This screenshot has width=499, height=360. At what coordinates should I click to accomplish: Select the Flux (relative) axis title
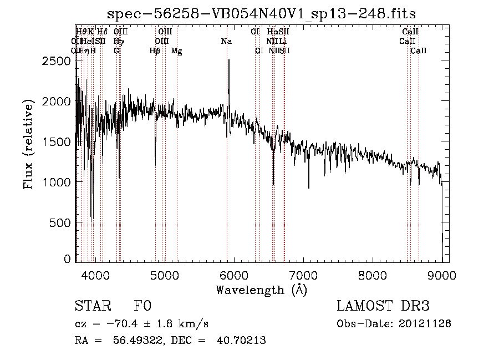[x=28, y=145]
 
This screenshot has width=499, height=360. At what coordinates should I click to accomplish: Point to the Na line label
[x=226, y=41]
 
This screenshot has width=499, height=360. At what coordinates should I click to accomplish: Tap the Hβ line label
[x=155, y=50]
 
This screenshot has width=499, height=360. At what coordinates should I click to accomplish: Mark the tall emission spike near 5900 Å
[x=228, y=61]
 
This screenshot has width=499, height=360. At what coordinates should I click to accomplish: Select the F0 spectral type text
[x=142, y=306]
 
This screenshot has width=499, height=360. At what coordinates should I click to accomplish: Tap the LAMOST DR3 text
[x=383, y=306]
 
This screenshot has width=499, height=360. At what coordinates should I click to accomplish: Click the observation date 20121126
[x=427, y=323]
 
